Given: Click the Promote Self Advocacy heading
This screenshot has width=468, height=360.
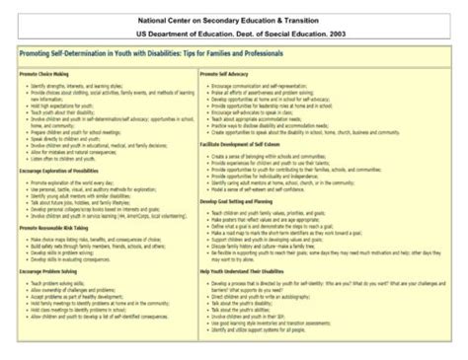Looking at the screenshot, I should pyautogui.click(x=227, y=74).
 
